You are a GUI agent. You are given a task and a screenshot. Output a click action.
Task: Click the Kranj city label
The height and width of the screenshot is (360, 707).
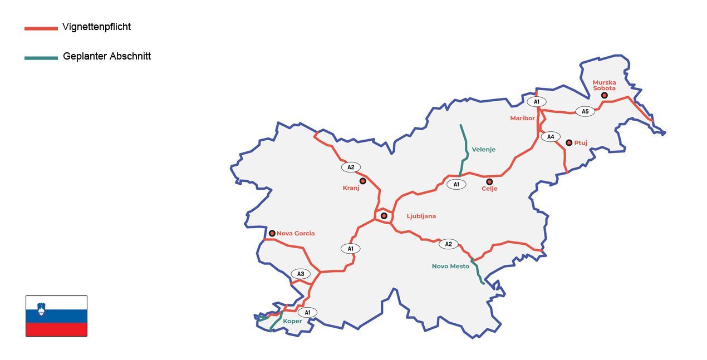pos(351,188)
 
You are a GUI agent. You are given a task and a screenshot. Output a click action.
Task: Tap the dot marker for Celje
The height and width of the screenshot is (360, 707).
pos(489,181)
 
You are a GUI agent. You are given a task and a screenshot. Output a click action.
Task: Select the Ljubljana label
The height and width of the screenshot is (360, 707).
pos(421,216)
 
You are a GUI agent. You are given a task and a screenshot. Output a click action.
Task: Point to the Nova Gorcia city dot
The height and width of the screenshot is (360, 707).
pos(272,233)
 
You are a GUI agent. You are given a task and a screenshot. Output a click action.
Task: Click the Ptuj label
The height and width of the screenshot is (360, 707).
pos(581,143)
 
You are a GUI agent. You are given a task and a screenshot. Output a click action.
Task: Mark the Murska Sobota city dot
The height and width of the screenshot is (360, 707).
pos(604,96)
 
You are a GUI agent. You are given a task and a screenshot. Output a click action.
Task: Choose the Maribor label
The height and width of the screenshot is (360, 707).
pos(522,118)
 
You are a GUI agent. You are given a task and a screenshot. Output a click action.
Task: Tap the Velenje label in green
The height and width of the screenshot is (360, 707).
pos(483,149)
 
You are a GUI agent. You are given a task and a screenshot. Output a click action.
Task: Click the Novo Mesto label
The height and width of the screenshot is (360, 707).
pos(450,266)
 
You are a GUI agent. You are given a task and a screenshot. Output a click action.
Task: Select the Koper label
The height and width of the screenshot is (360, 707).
pos(292,321)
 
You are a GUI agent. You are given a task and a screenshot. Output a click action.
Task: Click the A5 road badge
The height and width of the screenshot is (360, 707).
pos(585,111)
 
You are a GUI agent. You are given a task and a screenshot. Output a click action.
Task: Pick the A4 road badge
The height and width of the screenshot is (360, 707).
pos(551,137)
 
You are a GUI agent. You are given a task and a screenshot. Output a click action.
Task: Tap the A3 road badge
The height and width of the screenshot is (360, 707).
pos(301,274)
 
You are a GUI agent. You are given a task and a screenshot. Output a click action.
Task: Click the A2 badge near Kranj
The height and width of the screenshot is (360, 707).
pos(351,167)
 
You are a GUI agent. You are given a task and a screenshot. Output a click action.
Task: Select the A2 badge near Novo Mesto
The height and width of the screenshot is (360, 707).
pos(448,244)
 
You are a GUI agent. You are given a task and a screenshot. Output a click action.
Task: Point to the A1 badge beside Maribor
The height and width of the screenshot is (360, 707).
pos(537,102)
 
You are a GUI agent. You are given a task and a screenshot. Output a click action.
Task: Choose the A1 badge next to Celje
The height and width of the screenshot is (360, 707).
pos(456,184)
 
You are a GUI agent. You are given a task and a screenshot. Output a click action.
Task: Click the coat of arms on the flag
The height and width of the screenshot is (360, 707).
pos(41,308)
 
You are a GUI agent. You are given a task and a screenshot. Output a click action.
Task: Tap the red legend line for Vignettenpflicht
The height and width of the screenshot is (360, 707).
pos(41,28)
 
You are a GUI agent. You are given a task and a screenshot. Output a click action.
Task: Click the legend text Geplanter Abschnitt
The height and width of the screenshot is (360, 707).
pos(107,56)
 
